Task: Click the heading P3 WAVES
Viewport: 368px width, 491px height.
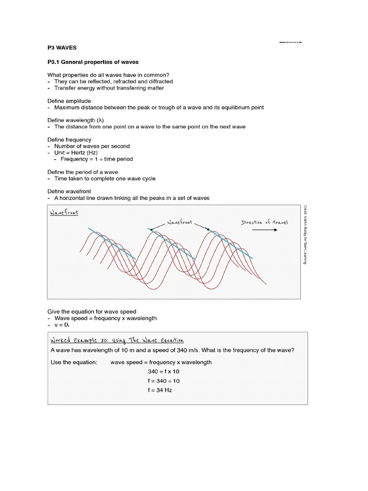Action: [62, 48]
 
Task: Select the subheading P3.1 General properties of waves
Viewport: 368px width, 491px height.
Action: [93, 62]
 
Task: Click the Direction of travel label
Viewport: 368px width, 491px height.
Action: [264, 222]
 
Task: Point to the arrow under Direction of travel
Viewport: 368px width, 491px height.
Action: [264, 230]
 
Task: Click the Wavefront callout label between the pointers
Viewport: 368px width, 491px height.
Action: [179, 222]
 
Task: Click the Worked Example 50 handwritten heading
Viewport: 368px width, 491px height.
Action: [117, 340]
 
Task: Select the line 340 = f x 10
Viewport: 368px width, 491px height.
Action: [163, 372]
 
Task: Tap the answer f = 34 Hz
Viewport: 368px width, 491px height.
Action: [160, 390]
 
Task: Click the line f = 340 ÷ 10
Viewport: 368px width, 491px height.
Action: [164, 381]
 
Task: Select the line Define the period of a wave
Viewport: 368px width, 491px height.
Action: [83, 172]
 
